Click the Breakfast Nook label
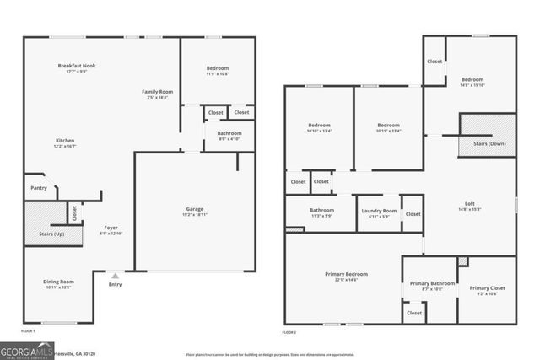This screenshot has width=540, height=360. pos(77,66)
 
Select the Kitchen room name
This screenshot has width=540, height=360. pos(66,140)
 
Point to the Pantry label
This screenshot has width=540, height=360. pos(39,187)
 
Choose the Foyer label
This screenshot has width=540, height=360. pos(111,227)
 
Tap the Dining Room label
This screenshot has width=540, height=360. pos(60,282)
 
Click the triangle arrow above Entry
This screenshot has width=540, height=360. pos(116,274)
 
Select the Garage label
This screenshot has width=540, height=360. pos(195,208)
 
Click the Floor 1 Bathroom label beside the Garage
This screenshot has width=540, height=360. pos(229,133)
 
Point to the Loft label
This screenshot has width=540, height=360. pos(470,203)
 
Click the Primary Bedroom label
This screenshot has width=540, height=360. pos(347,274)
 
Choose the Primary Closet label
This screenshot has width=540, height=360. pos(487,287)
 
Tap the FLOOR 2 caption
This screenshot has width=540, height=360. pos(289,332)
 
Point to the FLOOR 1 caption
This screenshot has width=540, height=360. pos(29,332)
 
